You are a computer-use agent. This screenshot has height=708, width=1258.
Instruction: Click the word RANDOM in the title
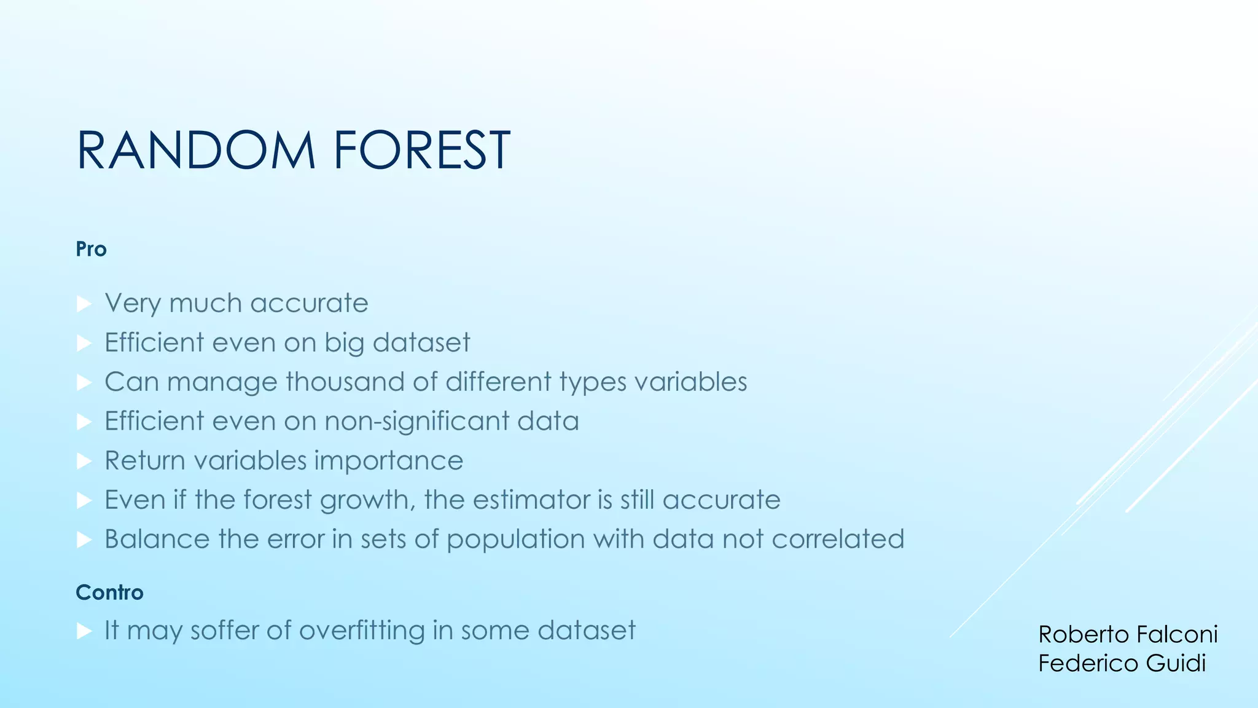coord(195,151)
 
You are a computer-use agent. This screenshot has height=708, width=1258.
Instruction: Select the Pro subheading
coord(91,250)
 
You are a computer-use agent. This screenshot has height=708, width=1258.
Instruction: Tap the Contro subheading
coord(109,592)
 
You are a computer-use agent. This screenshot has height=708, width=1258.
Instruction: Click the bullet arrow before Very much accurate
coord(84,304)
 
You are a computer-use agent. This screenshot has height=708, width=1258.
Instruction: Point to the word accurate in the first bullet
coord(309,304)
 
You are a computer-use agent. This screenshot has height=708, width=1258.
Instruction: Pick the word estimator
coord(533,500)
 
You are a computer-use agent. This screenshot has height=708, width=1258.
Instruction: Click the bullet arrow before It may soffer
coord(84,631)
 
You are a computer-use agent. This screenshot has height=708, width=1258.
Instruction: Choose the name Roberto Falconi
coord(1127,634)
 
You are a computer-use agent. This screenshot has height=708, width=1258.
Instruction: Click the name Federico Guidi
coord(1122,663)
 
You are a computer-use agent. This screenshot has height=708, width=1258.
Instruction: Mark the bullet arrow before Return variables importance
coord(84,461)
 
